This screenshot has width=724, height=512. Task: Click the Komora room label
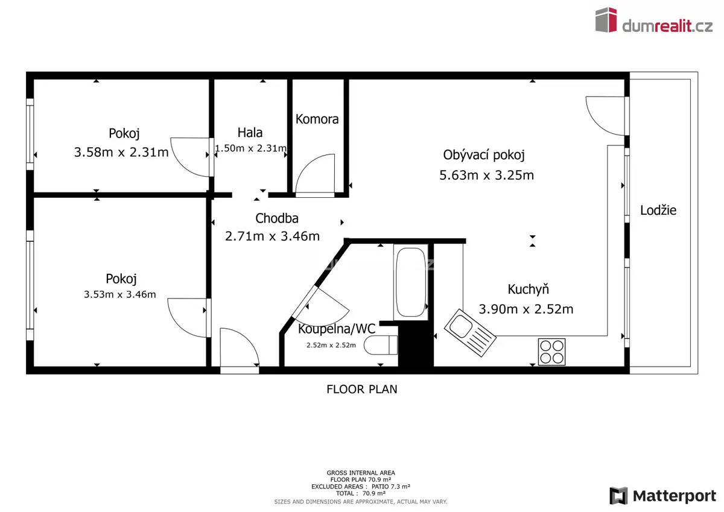317,119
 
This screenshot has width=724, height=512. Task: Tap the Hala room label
250,133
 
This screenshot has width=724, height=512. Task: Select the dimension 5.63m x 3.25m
486,175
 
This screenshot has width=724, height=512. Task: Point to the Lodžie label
658,210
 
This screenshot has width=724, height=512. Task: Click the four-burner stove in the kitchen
551,352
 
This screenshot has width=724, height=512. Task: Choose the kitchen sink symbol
470,333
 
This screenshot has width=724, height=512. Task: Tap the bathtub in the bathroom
411,282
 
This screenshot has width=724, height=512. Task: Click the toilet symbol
381,345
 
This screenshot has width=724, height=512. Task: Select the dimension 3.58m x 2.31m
121,152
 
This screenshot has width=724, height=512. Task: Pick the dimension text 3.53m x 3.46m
120,294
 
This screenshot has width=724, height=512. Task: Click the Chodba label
277,218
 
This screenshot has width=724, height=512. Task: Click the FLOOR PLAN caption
361,389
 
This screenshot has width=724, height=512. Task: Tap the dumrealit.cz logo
654,21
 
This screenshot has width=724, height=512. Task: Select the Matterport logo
662,496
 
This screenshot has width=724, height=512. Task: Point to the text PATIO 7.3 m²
391,487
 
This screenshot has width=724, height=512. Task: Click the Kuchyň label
528,289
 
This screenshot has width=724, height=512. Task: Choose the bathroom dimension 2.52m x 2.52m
331,345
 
